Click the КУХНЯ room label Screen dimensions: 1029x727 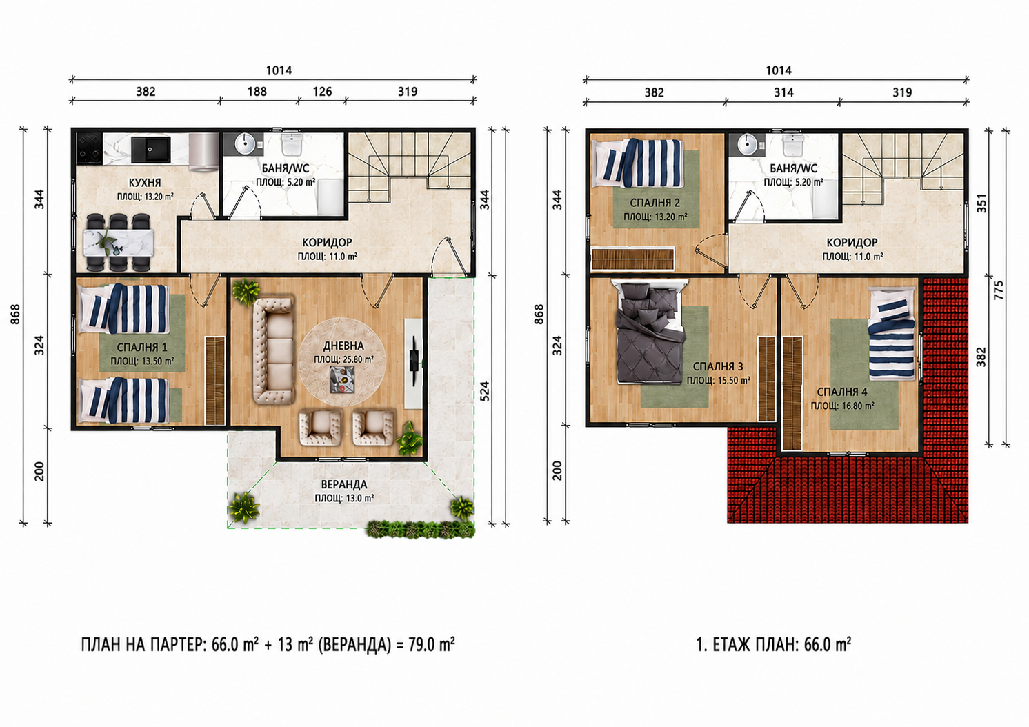(145, 182)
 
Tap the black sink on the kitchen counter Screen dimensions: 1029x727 (150, 149)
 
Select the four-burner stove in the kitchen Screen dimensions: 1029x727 (90, 148)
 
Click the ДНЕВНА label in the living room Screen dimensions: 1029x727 (343, 346)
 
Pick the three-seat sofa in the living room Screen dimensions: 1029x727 (273, 351)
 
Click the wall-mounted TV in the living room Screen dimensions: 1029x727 (415, 361)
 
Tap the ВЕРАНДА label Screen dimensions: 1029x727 (344, 484)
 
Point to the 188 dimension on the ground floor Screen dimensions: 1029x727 (257, 92)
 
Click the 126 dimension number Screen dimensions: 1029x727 (322, 92)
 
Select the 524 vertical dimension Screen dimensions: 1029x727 (485, 391)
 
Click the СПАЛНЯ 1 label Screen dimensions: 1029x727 (142, 348)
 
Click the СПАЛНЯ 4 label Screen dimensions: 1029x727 (842, 392)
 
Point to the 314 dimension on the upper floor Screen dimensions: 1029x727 (783, 92)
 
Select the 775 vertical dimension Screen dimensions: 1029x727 (999, 290)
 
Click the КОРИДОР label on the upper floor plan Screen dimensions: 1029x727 (852, 242)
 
